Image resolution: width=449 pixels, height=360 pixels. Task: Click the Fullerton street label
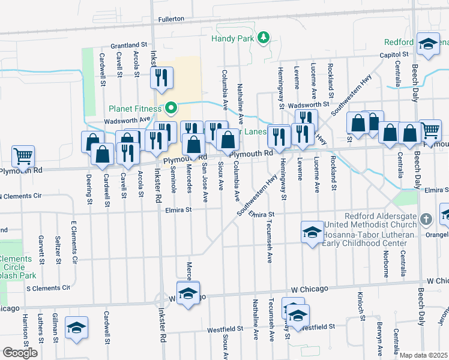(x=170, y=19)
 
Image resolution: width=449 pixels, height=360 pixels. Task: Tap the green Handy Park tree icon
(x=263, y=39)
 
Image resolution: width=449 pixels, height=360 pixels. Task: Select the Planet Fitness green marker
(x=170, y=109)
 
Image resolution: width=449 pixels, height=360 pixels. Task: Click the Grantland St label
(x=128, y=45)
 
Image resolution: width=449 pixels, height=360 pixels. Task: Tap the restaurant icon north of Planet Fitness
(x=161, y=77)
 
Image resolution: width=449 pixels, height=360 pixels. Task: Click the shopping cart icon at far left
(x=23, y=156)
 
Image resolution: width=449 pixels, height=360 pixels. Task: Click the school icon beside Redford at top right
(x=428, y=44)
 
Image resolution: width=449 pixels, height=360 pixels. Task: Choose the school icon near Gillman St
(x=76, y=328)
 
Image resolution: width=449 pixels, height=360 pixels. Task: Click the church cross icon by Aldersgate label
(x=426, y=218)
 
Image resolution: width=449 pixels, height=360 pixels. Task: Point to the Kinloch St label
(x=361, y=307)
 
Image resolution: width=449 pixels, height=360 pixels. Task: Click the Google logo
(x=20, y=353)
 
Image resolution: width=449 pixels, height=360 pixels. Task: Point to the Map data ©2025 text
(x=424, y=355)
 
